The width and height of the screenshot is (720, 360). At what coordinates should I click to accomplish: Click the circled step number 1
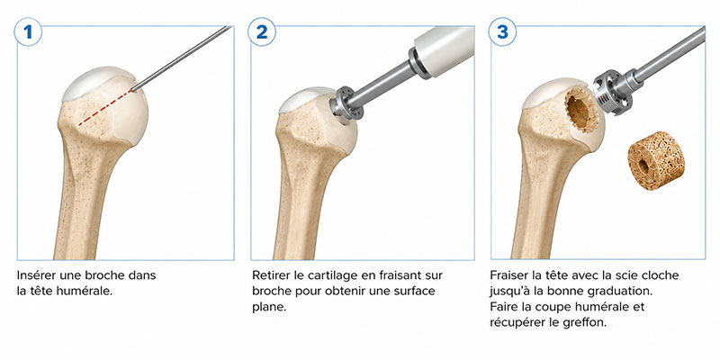point(28,31)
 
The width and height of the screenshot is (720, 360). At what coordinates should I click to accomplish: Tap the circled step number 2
point(261,31)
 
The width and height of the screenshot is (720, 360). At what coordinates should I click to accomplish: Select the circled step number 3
point(502,31)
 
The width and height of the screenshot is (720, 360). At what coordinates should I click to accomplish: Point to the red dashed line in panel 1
point(104,107)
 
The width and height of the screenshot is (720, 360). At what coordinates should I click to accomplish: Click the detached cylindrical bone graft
point(656,160)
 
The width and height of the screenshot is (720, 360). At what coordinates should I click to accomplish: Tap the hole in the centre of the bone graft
point(643,166)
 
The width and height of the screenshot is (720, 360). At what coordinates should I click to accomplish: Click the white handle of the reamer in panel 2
point(443,49)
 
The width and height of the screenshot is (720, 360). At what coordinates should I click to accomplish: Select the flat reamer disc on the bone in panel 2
point(345,104)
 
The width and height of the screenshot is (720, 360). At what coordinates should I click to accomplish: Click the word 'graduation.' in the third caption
point(625,291)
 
